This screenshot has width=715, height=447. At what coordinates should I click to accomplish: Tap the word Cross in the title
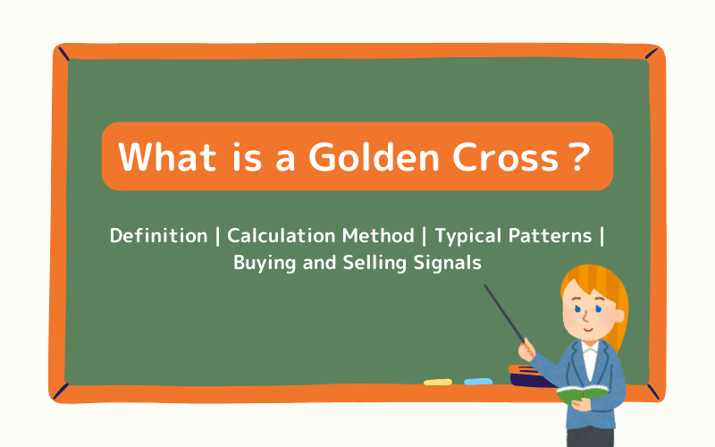(494, 157)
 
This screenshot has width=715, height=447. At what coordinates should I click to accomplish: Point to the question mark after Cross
(578, 157)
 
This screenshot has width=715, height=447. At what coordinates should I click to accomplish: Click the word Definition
(158, 236)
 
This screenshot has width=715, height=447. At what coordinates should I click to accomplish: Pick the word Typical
(467, 236)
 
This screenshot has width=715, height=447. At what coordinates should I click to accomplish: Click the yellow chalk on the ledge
(438, 382)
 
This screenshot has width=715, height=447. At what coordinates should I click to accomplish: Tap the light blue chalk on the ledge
(478, 382)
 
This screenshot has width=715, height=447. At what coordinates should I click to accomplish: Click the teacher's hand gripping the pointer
(529, 344)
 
